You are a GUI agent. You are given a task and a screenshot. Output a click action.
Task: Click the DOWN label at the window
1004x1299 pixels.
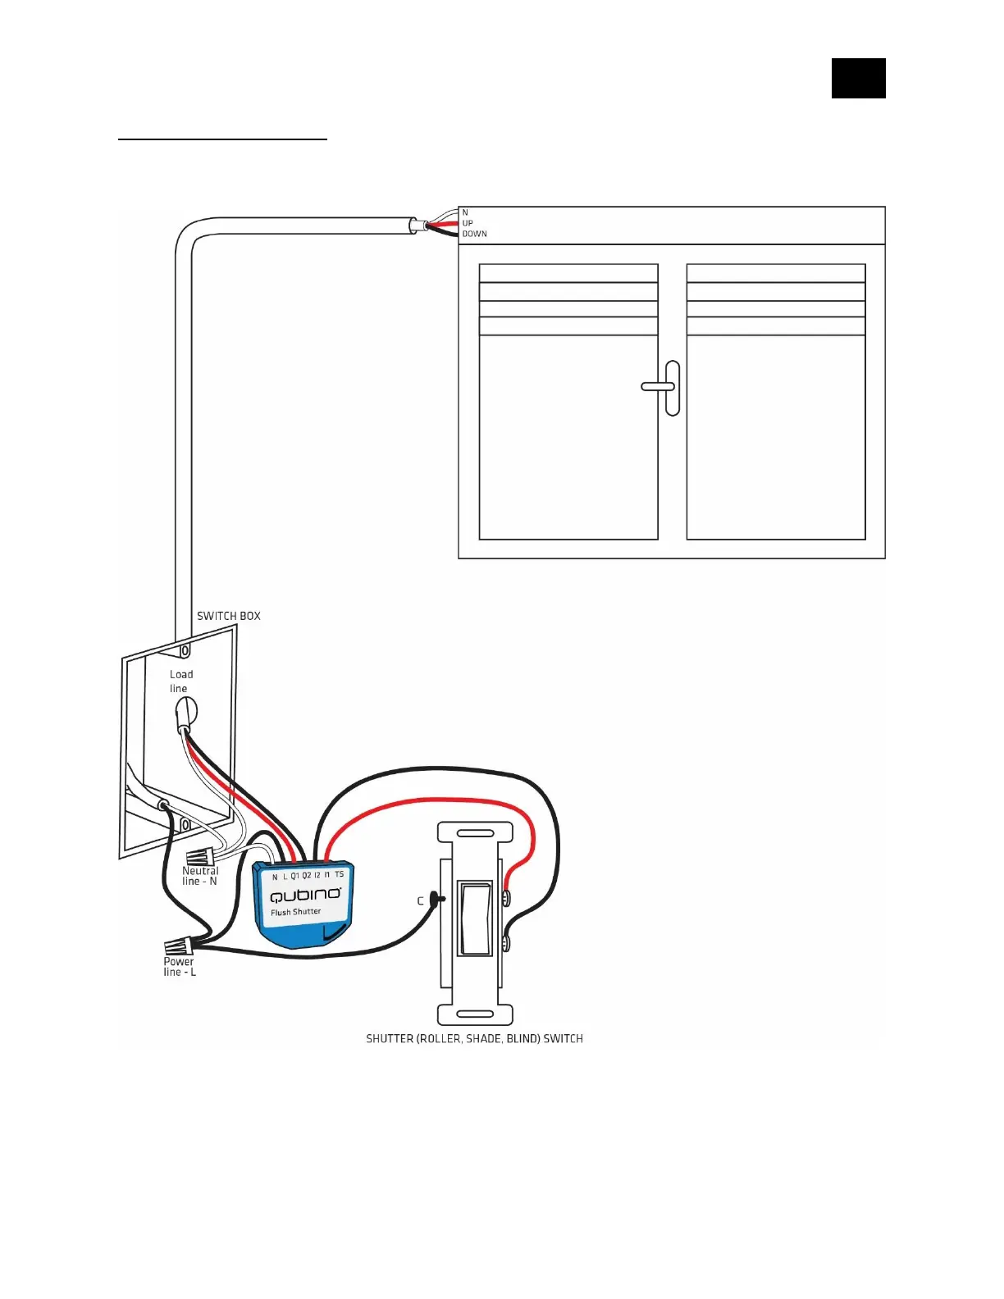point(474,234)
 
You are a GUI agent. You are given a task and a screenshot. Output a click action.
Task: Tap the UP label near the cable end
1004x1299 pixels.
point(468,223)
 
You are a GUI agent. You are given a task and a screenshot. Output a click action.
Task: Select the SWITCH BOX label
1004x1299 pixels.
point(228,616)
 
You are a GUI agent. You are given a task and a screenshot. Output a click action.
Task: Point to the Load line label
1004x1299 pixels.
point(180,681)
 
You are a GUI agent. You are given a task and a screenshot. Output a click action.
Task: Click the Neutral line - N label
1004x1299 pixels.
point(199,876)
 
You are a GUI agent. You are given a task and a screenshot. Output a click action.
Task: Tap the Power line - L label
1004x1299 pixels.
point(179,966)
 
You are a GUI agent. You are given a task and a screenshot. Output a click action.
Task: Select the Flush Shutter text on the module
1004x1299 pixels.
point(295,912)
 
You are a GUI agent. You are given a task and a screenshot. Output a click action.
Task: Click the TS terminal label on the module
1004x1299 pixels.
point(339,874)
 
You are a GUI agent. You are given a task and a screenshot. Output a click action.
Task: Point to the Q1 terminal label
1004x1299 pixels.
point(294,876)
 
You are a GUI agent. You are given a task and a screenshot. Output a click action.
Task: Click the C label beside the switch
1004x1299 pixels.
point(420,900)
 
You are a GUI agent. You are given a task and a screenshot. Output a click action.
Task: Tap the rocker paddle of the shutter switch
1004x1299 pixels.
point(474,918)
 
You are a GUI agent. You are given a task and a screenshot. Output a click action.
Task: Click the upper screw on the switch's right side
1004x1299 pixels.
point(506,898)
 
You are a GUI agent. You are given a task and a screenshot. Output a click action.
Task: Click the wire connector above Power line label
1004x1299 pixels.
point(179,945)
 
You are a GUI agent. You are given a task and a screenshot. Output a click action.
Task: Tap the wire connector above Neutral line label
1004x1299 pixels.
point(201,856)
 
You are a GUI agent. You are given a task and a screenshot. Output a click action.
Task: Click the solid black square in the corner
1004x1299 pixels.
point(858,78)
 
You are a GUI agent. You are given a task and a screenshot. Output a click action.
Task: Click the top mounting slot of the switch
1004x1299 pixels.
point(475,833)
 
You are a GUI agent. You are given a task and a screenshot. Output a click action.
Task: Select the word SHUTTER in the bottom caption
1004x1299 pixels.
point(388,1038)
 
